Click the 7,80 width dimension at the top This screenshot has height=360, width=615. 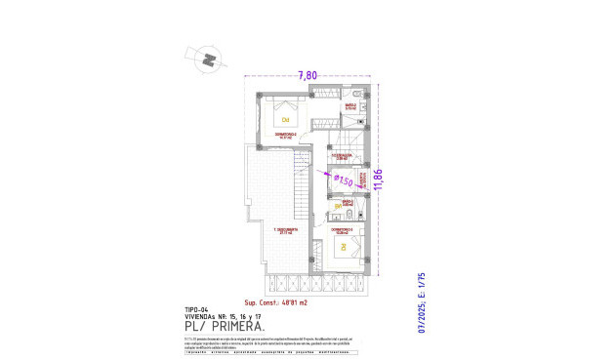point(307,75)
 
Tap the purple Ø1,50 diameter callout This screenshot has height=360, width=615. point(343,180)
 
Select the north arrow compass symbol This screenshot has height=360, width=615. point(208,60)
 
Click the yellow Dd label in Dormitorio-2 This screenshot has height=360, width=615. point(285,120)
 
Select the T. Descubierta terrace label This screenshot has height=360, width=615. point(285,230)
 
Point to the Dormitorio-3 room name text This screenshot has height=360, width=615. point(343,230)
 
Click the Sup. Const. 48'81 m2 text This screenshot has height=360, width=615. point(278,301)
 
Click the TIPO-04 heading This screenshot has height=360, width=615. point(197,310)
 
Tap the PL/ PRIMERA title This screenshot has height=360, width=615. point(225,328)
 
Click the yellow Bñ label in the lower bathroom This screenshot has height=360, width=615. point(339,207)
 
